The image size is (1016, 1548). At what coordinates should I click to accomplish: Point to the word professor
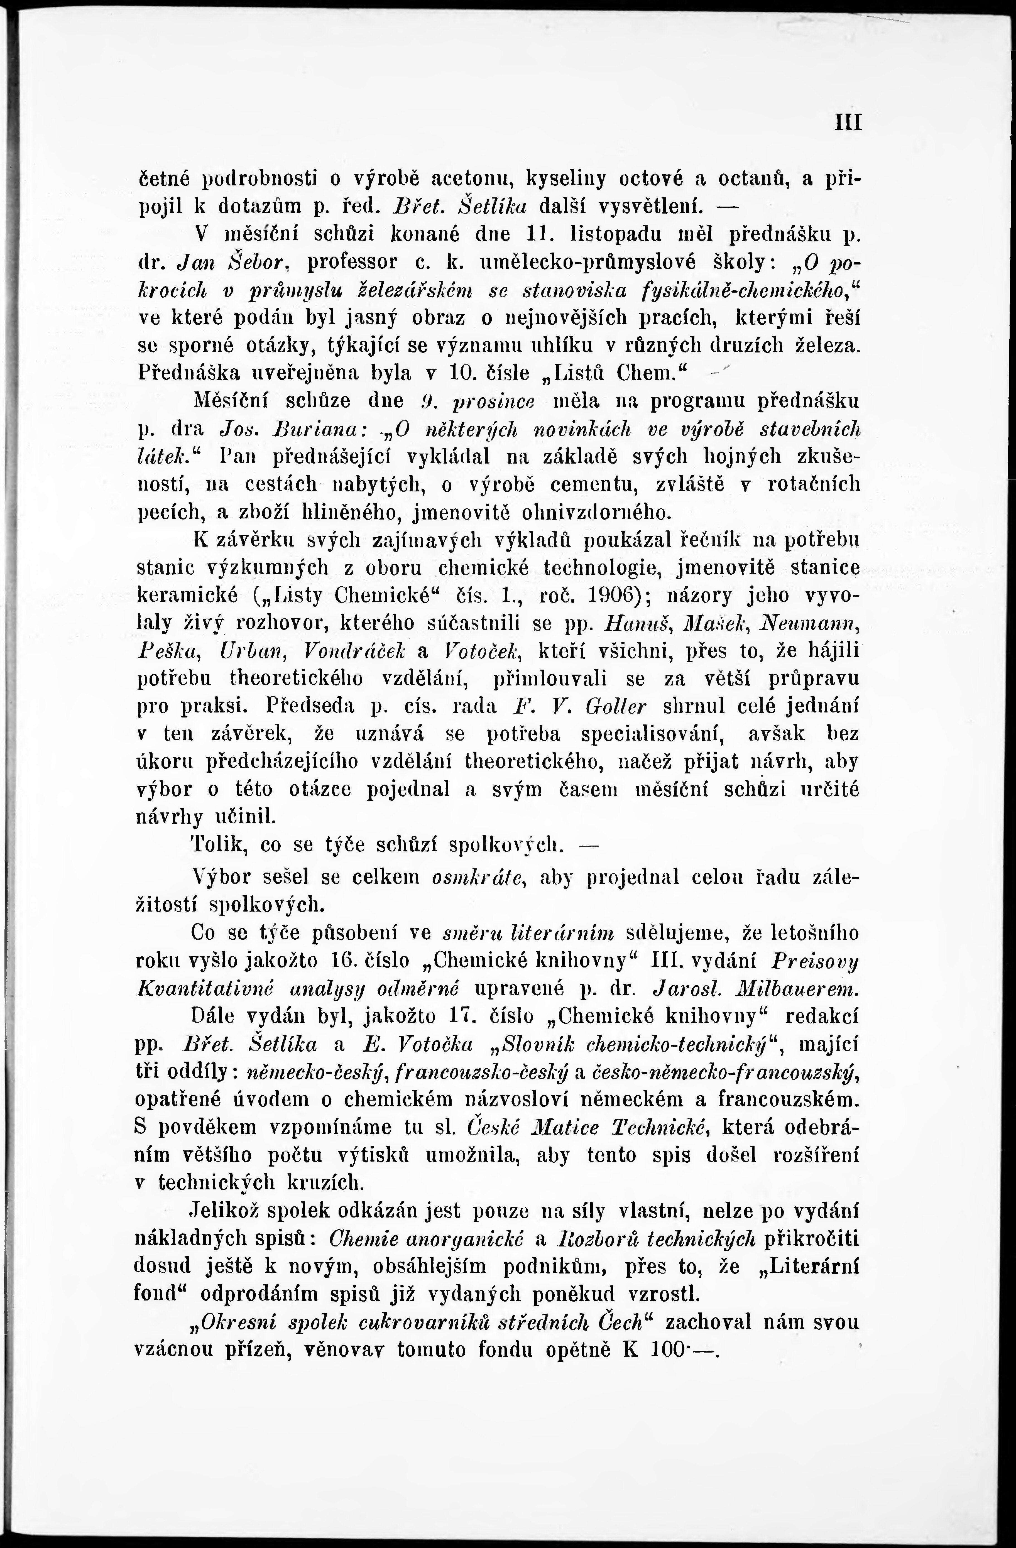click(x=352, y=261)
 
